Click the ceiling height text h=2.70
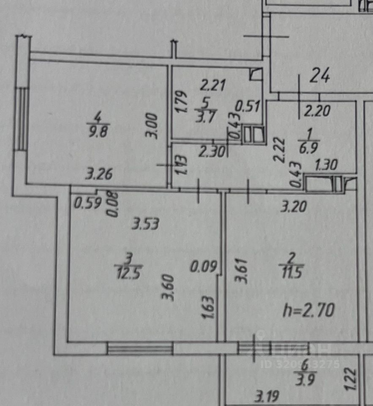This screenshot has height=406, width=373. pyautogui.click(x=308, y=311)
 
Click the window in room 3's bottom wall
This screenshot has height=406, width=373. pyautogui.click(x=140, y=349)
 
